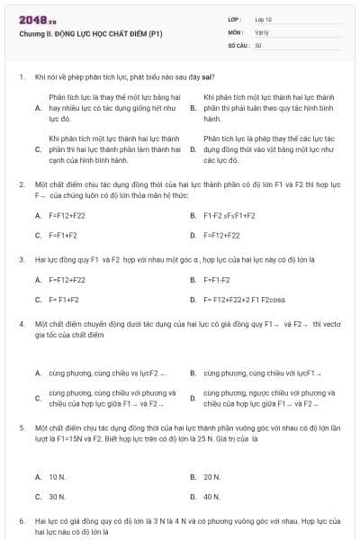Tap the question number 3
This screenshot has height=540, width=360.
click(x=21, y=258)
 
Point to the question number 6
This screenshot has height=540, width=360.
click(x=21, y=521)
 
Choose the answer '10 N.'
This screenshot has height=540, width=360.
click(x=58, y=476)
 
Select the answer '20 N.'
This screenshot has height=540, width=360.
click(x=212, y=476)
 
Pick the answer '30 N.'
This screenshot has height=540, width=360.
click(x=58, y=496)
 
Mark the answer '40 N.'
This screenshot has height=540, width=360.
click(x=212, y=496)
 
